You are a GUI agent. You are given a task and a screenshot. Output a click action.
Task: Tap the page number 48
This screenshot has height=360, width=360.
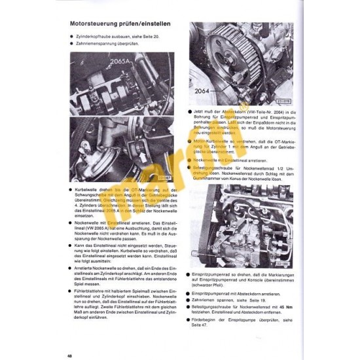point(69,338)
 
